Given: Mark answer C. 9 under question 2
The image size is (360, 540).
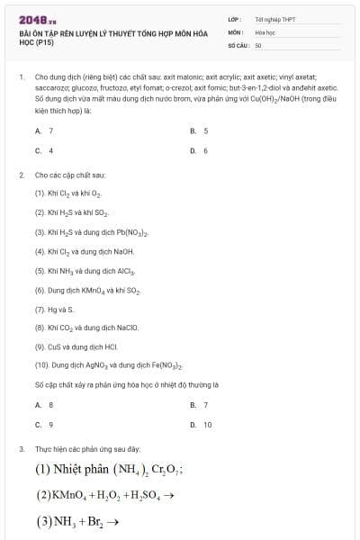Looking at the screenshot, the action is click(44, 424).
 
